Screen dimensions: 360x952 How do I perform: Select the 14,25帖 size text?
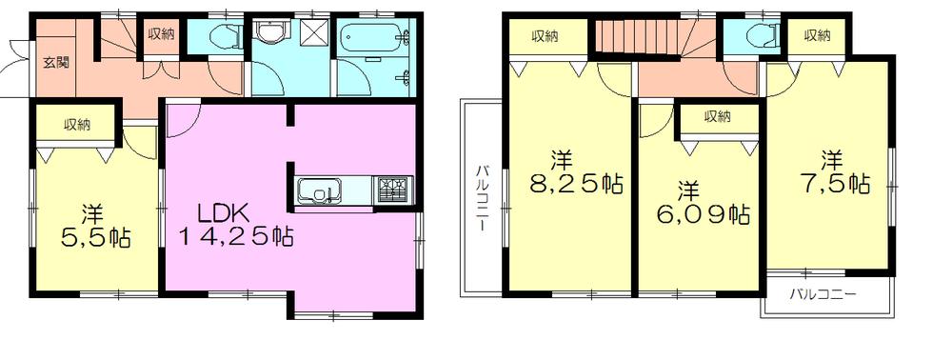coord(235,235)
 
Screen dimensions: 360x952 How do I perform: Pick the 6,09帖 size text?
coord(700,213)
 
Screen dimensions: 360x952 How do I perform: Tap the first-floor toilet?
coord(221,37)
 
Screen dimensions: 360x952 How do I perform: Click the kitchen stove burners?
coord(393,190)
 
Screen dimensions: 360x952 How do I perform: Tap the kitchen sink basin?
coord(316,190)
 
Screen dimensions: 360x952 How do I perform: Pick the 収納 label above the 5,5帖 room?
coord(77,125)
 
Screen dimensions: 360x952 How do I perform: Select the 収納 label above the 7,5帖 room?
coord(817,36)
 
